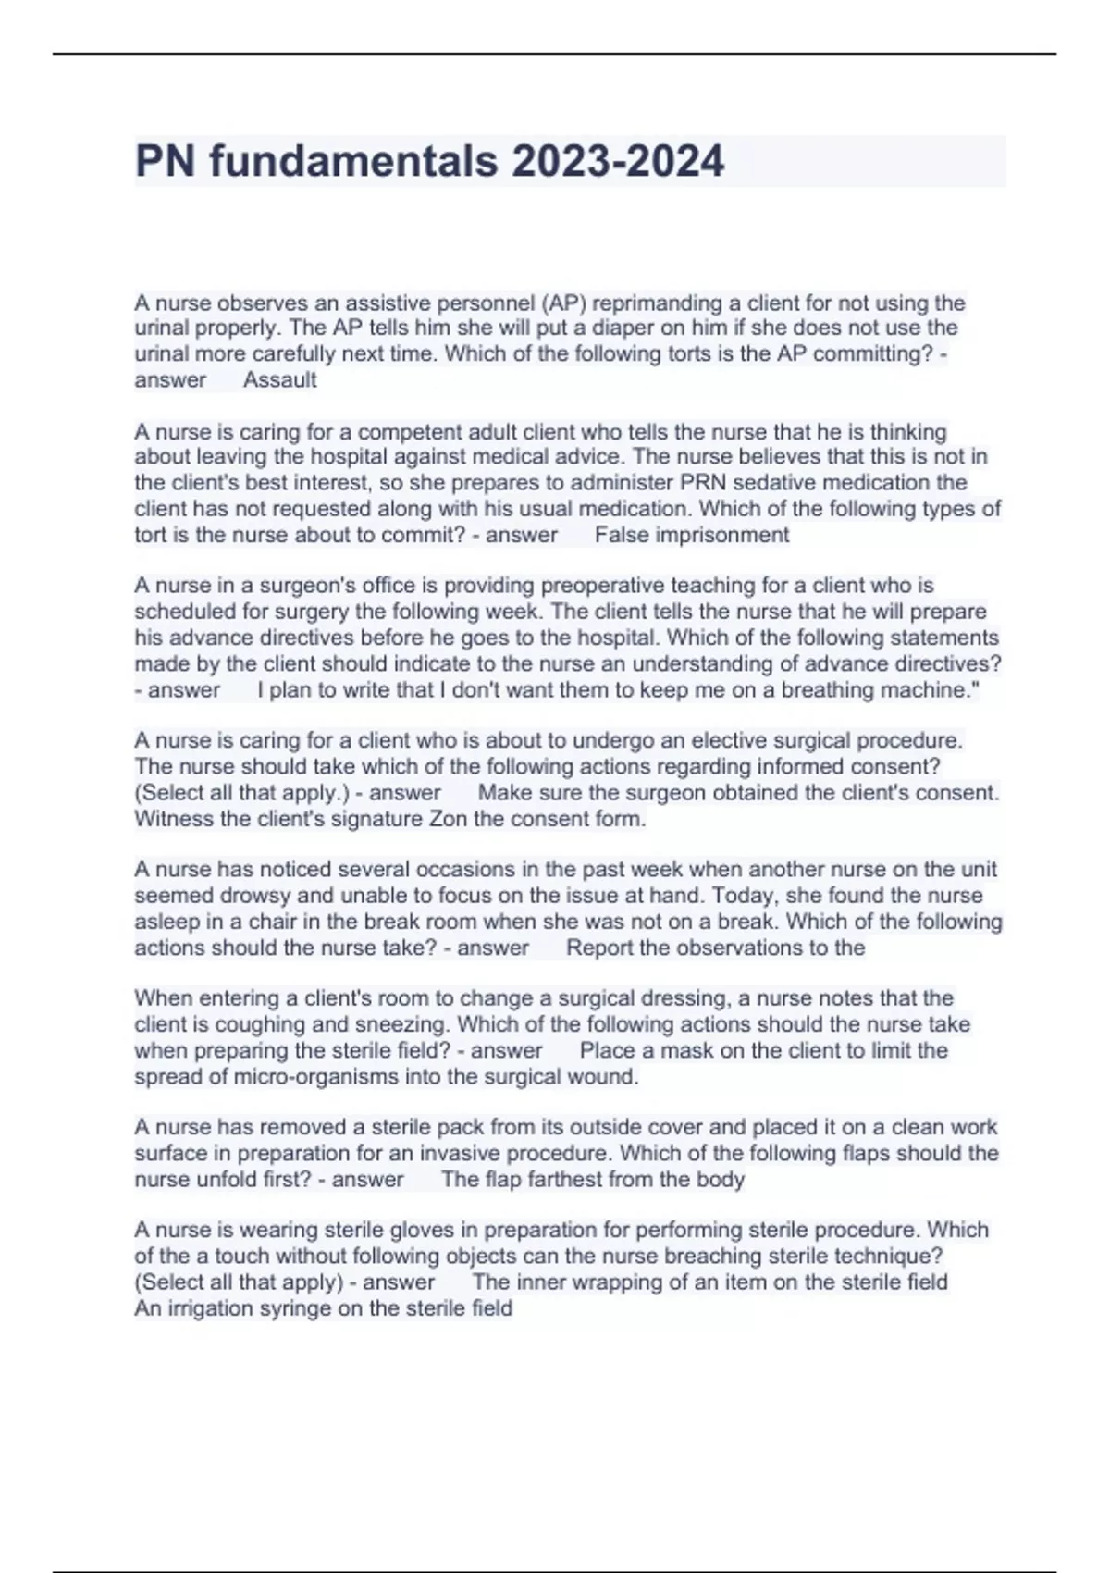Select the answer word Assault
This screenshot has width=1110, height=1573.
coord(279,380)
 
